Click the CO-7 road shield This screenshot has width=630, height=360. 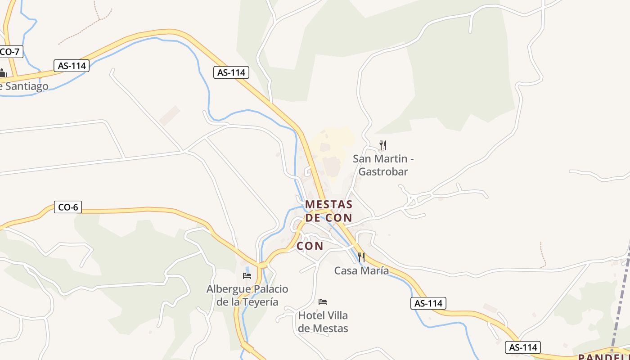coord(10,51)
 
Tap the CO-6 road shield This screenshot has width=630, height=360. coord(67,207)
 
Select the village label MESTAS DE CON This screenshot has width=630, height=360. coord(328,211)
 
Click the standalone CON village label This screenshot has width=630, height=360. coord(310,246)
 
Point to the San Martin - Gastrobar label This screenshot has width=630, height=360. coord(383,165)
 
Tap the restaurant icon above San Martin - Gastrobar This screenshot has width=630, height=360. coord(382,145)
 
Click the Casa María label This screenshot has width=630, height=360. coord(361,270)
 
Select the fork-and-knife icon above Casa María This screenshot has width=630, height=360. coord(361,257)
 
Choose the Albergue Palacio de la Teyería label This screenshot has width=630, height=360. coord(247,295)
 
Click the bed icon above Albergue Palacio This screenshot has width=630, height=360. coord(247,275)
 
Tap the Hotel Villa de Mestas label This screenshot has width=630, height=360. coord(323,322)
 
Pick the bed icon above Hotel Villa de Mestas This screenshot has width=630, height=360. coord(323,301)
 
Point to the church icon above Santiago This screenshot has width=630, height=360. coord(3,72)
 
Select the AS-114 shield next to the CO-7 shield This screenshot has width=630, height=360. coord(72,65)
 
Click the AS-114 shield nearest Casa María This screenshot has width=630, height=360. coord(428,303)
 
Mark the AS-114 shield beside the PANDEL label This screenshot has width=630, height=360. coord(522,347)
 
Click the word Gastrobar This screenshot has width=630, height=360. coord(383,171)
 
